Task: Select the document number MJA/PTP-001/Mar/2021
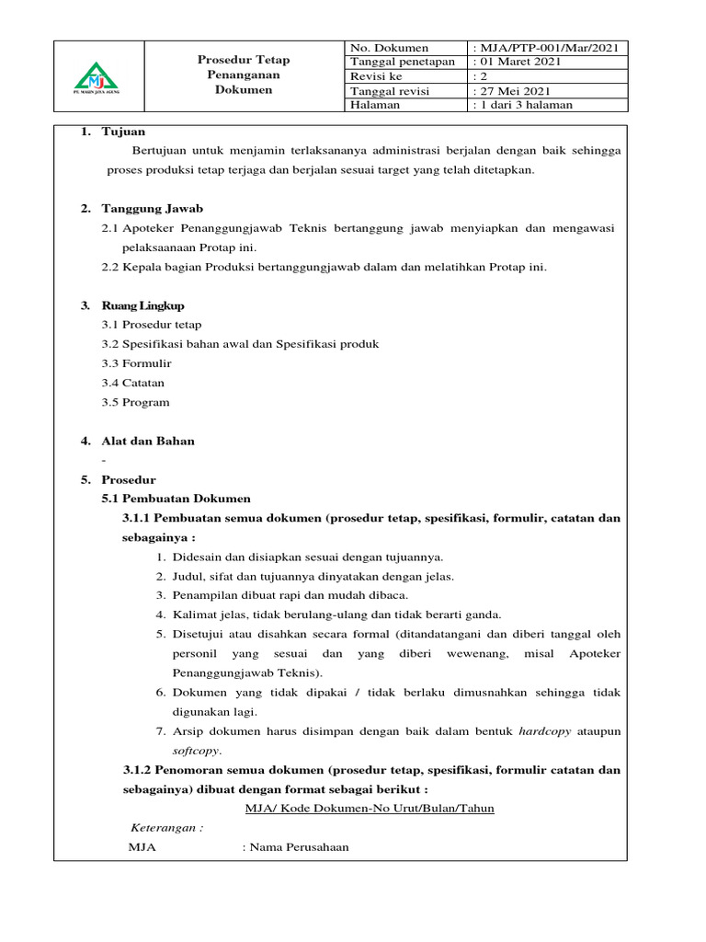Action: (x=548, y=48)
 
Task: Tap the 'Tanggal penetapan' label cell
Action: (x=403, y=62)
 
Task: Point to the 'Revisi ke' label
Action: (x=376, y=76)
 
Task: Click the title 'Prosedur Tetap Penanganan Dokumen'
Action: (x=244, y=75)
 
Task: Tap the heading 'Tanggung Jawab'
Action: (x=152, y=209)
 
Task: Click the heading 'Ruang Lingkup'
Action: (x=142, y=305)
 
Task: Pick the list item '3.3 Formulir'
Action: (x=137, y=363)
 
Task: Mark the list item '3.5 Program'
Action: (x=136, y=402)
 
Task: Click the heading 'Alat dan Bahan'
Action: (x=147, y=441)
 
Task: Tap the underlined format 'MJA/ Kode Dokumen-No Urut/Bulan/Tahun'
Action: (x=370, y=809)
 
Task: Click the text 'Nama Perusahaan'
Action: (x=295, y=847)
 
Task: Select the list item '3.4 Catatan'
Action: (x=136, y=383)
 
